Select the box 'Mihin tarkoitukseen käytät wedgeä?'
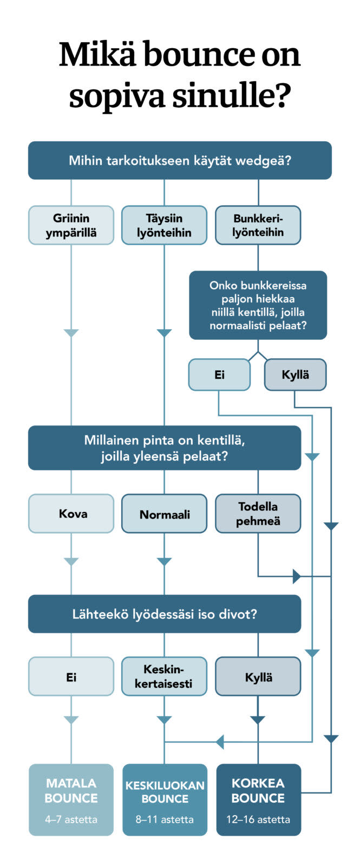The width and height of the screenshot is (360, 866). [180, 161]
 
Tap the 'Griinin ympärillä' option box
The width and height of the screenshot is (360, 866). [71, 225]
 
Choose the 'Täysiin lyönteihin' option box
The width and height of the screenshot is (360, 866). [164, 225]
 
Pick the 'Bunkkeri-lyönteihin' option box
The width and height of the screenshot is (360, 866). [258, 225]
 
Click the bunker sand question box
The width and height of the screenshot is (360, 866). [258, 305]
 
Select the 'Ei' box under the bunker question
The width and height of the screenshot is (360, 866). [219, 375]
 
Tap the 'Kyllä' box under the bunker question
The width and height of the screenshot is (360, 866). [295, 375]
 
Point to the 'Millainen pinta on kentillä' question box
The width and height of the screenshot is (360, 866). [165, 448]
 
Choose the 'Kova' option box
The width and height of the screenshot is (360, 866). [71, 514]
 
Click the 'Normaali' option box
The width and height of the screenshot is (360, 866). [164, 514]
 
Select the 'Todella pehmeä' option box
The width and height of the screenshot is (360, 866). [258, 514]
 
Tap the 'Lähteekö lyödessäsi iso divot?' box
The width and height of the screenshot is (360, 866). [165, 614]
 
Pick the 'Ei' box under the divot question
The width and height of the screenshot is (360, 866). [71, 677]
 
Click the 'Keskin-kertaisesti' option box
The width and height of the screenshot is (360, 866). [164, 677]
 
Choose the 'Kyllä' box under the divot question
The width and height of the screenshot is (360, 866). [258, 677]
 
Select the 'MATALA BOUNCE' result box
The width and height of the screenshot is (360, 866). [71, 799]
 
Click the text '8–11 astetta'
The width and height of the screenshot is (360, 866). [165, 819]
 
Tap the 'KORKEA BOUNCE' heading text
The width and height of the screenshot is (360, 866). [258, 790]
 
